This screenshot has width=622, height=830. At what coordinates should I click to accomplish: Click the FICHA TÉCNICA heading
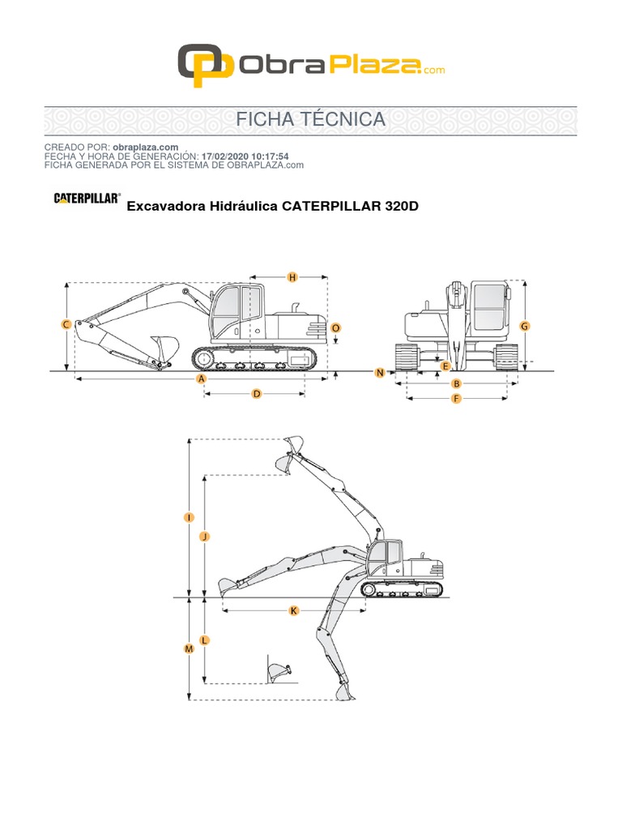coord(310,119)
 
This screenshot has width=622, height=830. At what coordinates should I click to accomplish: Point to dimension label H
coord(293,277)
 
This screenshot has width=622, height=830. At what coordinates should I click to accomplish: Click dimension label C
coord(66,324)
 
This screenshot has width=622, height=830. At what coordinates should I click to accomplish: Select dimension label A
coord(202,379)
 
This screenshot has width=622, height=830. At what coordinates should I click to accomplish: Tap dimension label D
coord(256,394)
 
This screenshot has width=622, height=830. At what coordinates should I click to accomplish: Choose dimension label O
coord(336,327)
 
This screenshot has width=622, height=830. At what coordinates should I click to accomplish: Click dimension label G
coord(524,326)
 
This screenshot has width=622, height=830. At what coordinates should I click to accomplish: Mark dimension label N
coord(380,372)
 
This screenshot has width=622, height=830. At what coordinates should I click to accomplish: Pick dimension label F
coord(456,399)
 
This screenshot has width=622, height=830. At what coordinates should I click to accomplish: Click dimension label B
coord(456,383)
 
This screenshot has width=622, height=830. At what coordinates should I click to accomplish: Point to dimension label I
coord(189,516)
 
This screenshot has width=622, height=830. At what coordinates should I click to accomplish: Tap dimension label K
coord(294,610)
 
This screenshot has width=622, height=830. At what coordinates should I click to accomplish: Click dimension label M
coord(189,649)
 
